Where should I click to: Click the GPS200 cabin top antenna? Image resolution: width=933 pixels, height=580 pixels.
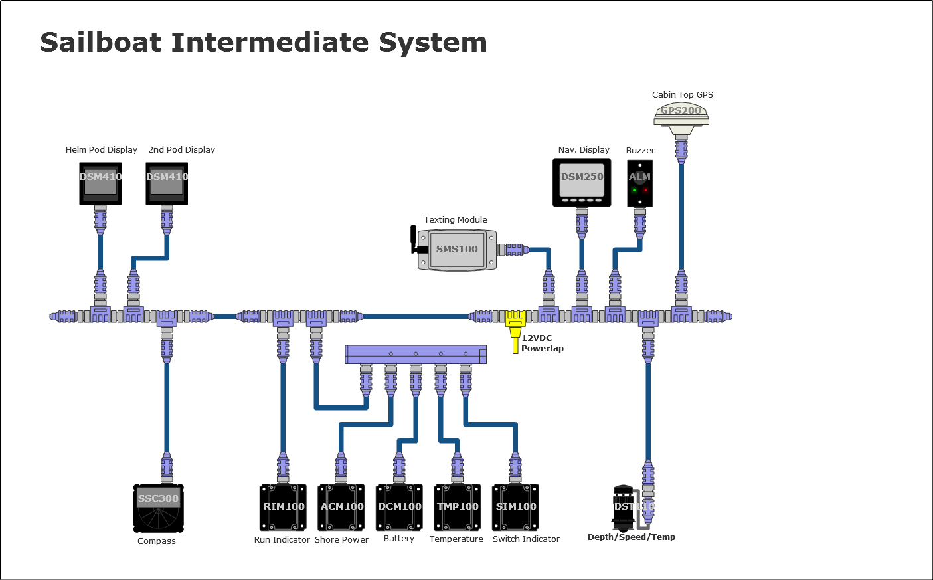tap(681, 116)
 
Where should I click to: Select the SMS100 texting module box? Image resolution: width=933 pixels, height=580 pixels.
tap(457, 250)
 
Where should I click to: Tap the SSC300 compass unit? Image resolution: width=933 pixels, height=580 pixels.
tap(159, 508)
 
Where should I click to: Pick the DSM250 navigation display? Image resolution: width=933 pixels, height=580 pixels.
tap(582, 183)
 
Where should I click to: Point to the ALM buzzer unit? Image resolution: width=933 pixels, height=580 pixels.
tap(639, 183)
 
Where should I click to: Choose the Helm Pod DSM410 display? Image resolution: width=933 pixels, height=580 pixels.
tap(100, 183)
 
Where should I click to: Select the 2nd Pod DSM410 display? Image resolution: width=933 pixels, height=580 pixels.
tap(167, 183)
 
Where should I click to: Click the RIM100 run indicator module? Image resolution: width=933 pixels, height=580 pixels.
tap(284, 507)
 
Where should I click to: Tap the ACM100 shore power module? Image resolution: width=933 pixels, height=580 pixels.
tap(341, 507)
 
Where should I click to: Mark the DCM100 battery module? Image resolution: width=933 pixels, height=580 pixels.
tap(400, 507)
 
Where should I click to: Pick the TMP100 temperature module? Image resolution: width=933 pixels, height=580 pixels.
tap(458, 507)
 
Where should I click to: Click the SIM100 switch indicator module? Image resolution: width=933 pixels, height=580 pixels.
tap(516, 507)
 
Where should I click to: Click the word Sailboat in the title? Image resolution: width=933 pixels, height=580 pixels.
tap(101, 43)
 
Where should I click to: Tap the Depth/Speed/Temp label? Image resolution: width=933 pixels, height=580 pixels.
tap(632, 537)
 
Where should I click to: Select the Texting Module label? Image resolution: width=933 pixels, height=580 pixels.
tap(456, 220)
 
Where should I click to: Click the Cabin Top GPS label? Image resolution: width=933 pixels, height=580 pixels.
tap(683, 95)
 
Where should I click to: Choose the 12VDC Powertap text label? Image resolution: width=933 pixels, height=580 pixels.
tap(541, 343)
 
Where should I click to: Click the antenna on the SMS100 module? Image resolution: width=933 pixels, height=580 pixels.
tap(414, 240)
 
